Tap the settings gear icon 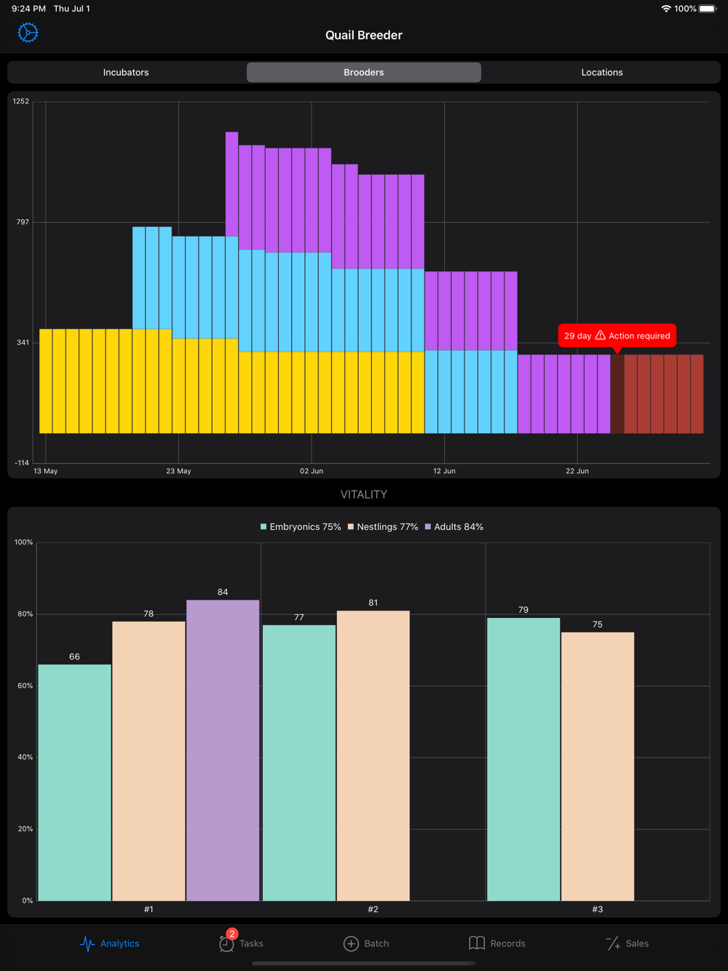[28, 33]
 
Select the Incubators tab [126, 72]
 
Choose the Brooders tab [364, 72]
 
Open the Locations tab [601, 72]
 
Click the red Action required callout [617, 336]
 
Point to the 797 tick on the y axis [23, 222]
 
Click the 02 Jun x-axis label [312, 471]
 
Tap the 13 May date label [45, 471]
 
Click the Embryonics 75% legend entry [301, 527]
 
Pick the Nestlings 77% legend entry [383, 527]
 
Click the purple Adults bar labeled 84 [223, 750]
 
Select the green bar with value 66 [74, 782]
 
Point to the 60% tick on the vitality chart [25, 686]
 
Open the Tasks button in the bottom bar [241, 943]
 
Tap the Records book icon [477, 943]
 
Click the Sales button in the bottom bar [628, 943]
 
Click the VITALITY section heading [364, 494]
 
